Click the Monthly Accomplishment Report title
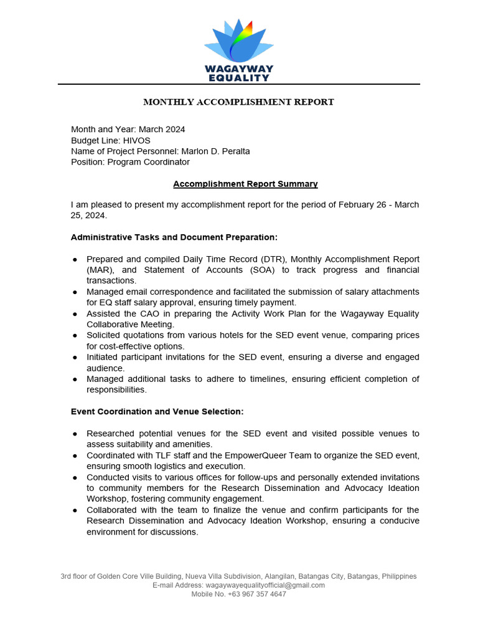tap(239, 102)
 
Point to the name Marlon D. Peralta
tap(215, 151)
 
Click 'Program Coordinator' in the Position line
tap(148, 162)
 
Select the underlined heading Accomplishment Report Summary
tap(245, 184)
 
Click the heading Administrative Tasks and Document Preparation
tap(174, 237)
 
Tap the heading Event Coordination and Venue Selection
tap(157, 412)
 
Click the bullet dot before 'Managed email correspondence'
tap(75, 292)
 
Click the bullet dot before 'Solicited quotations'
tap(75, 336)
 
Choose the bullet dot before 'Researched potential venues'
tap(75, 434)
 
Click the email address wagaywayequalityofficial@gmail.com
tap(265, 585)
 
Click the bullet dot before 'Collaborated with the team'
tap(75, 510)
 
